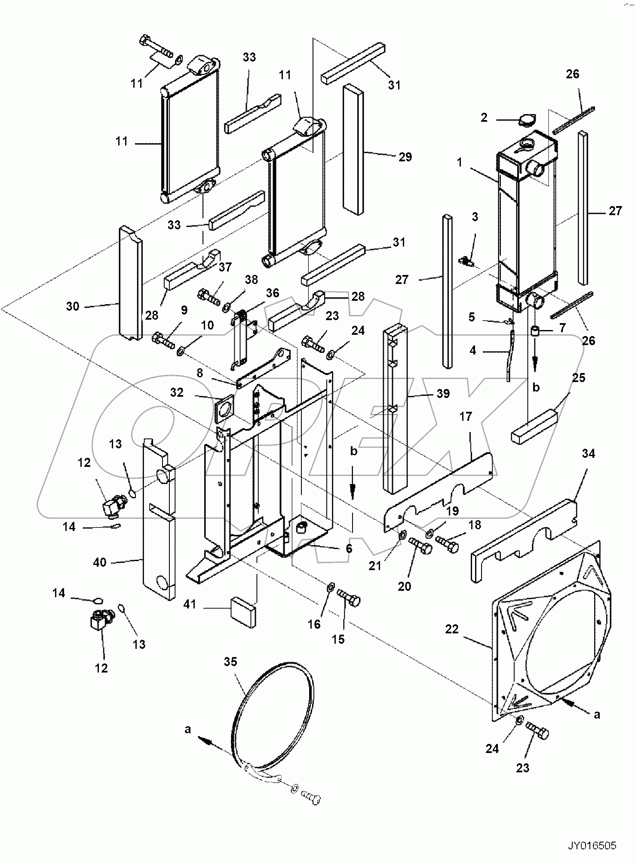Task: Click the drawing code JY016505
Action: tap(592, 846)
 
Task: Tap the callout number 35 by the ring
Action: tap(230, 662)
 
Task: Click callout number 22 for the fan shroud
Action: tap(452, 629)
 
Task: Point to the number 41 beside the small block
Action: tap(190, 605)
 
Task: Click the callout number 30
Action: tap(73, 306)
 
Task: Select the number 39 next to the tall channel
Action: tap(443, 393)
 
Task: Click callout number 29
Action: tap(405, 157)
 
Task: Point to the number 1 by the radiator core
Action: tap(460, 163)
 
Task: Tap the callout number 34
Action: tap(588, 454)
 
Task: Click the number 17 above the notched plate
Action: tap(466, 417)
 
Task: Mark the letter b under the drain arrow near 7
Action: tap(536, 388)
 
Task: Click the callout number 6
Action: tap(349, 548)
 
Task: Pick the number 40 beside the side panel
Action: tap(100, 562)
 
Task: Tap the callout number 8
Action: tap(199, 373)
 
